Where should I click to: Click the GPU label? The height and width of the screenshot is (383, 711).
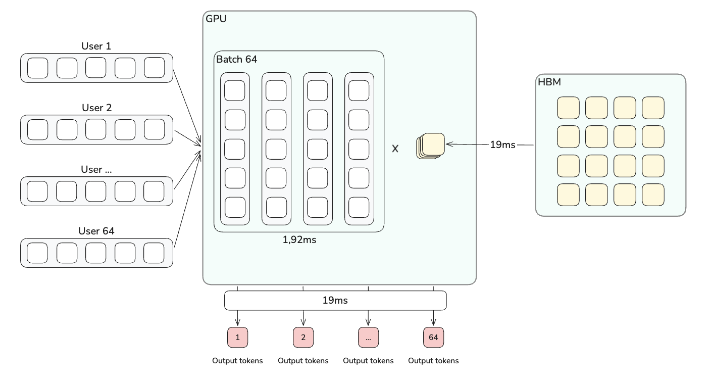pyautogui.click(x=216, y=19)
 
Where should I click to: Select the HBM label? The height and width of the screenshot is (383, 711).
pyautogui.click(x=549, y=82)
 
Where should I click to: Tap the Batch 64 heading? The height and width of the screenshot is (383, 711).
pyautogui.click(x=237, y=59)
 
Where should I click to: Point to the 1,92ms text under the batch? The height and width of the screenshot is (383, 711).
pyautogui.click(x=299, y=240)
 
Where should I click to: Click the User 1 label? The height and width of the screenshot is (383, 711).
pyautogui.click(x=96, y=46)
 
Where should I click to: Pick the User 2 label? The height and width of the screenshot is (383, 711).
pyautogui.click(x=96, y=108)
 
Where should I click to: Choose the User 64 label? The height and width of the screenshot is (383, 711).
pyautogui.click(x=96, y=231)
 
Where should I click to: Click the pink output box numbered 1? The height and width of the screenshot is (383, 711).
pyautogui.click(x=238, y=338)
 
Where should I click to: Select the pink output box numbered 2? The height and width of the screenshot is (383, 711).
pyautogui.click(x=303, y=338)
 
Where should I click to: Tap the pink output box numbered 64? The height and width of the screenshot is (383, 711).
pyautogui.click(x=433, y=338)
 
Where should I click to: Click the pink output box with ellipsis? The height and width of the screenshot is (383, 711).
pyautogui.click(x=368, y=338)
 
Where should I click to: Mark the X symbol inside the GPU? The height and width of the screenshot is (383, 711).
pyautogui.click(x=395, y=149)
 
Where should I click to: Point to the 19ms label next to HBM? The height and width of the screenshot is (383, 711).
pyautogui.click(x=502, y=145)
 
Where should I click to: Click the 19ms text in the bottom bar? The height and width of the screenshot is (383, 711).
pyautogui.click(x=335, y=301)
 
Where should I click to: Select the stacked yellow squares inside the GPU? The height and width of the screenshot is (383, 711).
pyautogui.click(x=431, y=146)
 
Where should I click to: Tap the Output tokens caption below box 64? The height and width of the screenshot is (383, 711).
pyautogui.click(x=433, y=361)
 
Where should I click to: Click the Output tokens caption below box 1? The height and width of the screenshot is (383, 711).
pyautogui.click(x=237, y=361)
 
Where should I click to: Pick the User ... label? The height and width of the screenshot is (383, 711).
pyautogui.click(x=96, y=169)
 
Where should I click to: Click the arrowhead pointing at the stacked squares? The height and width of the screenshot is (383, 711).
pyautogui.click(x=448, y=145)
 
